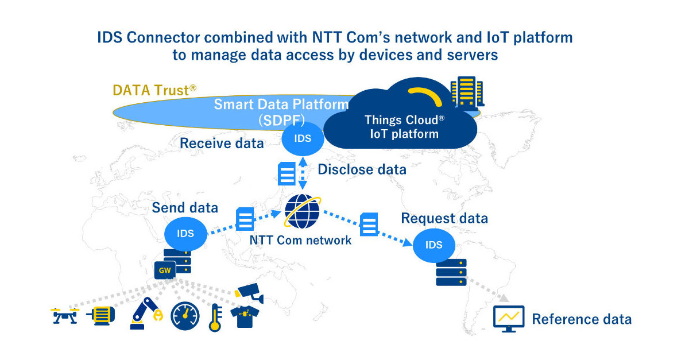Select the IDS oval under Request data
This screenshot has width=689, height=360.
pyautogui.click(x=434, y=245)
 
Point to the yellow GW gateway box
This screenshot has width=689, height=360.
pyautogui.click(x=165, y=269)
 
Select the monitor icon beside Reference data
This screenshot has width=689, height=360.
pyautogui.click(x=509, y=319)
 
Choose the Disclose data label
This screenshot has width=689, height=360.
pyautogui.click(x=362, y=169)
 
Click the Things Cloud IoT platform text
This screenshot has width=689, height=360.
pyautogui.click(x=401, y=127)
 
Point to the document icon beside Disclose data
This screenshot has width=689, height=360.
pyautogui.click(x=287, y=173)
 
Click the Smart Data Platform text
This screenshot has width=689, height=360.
pyautogui.click(x=281, y=105)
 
